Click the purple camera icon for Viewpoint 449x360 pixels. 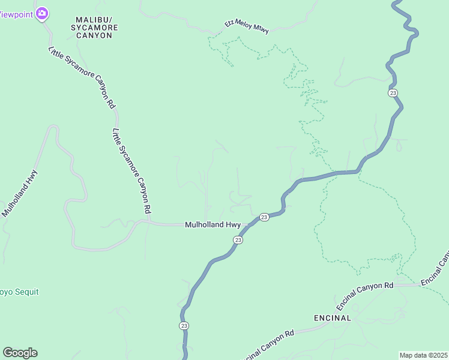point(42,13)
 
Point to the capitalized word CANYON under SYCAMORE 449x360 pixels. point(94,35)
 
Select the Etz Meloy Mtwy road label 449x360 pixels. point(247,26)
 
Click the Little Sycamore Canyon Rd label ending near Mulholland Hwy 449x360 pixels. point(131,171)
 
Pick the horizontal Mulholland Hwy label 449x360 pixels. point(212,225)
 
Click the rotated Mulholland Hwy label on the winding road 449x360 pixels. point(20,193)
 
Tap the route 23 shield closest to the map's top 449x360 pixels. point(393,92)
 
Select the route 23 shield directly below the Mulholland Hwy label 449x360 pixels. point(238,240)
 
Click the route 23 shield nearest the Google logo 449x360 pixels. point(183,326)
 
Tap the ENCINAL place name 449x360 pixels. point(332,317)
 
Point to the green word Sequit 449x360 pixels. point(25,292)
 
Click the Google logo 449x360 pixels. point(20,353)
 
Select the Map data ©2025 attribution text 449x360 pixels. point(423,355)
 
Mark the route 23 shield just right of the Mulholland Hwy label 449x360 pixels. point(264,217)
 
